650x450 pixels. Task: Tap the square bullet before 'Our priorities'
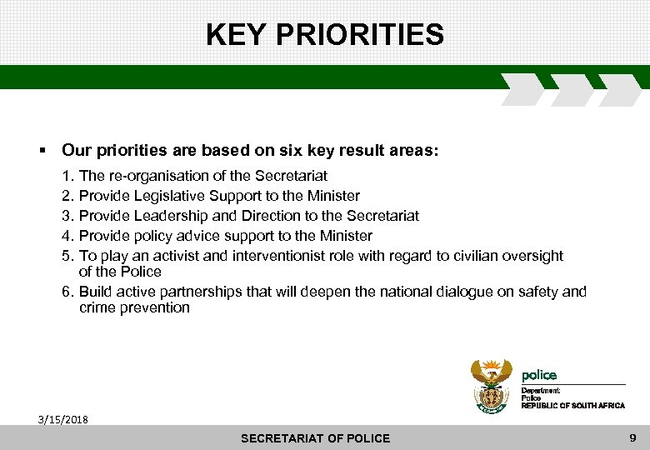[x=41, y=152]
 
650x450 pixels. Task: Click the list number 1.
[x=67, y=176]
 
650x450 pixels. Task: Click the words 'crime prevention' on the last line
[x=134, y=307]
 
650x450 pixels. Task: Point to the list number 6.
[x=67, y=292]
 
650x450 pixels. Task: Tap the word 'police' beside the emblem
[x=539, y=375]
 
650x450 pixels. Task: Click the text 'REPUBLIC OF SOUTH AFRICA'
[x=572, y=405]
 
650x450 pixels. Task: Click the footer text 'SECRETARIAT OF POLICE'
[x=315, y=438]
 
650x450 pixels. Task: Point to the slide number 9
[x=632, y=437]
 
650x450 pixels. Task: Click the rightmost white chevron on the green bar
[x=619, y=89]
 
